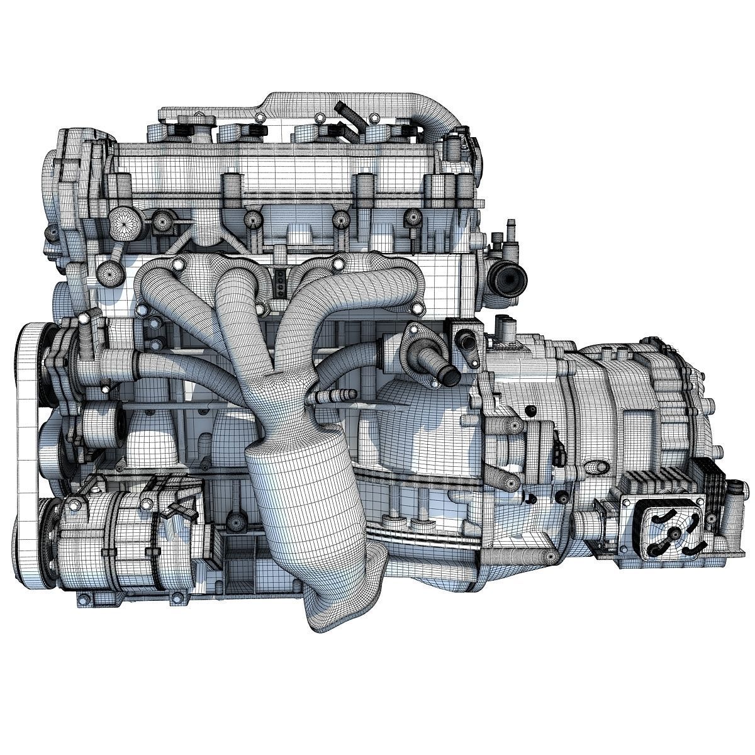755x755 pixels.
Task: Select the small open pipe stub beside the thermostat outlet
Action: pyautogui.click(x=469, y=343)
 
